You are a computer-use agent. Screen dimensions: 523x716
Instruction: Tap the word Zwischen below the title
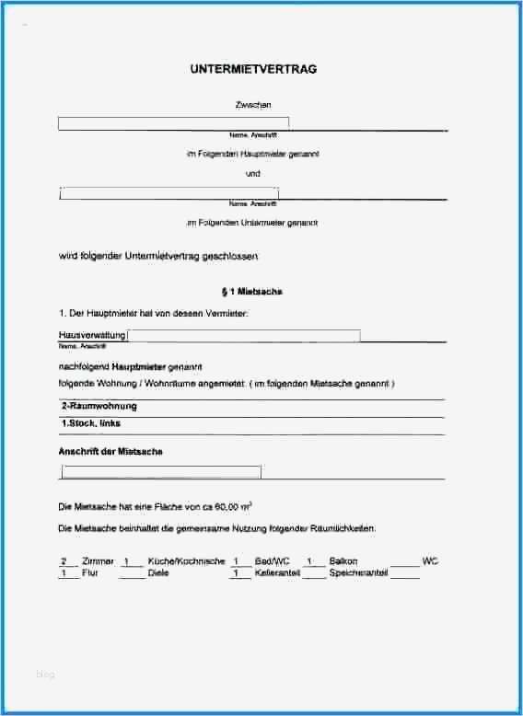(x=253, y=106)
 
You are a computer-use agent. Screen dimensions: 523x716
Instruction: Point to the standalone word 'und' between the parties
(x=253, y=173)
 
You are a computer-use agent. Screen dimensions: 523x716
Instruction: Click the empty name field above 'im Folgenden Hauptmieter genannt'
(x=173, y=122)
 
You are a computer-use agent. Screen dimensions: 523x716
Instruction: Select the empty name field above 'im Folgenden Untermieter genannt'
(x=169, y=193)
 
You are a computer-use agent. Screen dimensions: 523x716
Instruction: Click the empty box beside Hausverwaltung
(x=244, y=336)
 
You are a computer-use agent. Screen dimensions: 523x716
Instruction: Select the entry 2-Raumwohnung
(x=99, y=406)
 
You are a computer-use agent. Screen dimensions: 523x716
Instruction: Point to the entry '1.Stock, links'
(x=90, y=423)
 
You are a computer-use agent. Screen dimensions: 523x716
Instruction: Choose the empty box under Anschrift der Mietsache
(x=161, y=472)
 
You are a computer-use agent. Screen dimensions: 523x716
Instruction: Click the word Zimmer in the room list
(x=99, y=561)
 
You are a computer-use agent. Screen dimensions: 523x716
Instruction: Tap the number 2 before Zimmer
(x=64, y=561)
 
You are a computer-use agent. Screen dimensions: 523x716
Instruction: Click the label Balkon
(x=345, y=561)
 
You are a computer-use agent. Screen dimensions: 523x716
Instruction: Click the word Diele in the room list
(x=158, y=573)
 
